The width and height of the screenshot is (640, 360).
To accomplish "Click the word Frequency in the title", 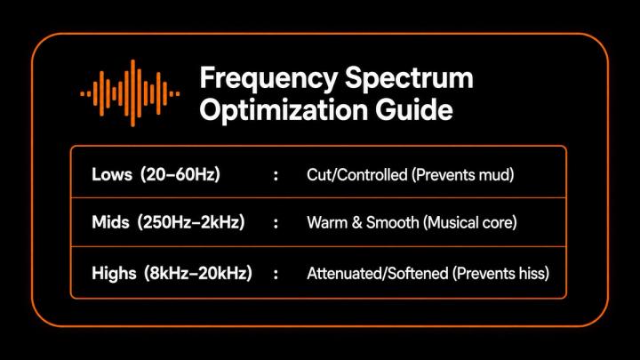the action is [x=268, y=78].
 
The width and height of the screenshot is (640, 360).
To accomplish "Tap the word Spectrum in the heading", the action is [x=409, y=78].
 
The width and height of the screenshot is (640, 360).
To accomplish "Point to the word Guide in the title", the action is [x=414, y=109].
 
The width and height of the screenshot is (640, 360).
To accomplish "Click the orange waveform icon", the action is [x=130, y=93].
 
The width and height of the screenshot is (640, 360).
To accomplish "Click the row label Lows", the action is [x=112, y=174].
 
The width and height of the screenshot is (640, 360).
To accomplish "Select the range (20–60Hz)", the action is [x=180, y=174].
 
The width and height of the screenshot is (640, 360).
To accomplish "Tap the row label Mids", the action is [x=110, y=222].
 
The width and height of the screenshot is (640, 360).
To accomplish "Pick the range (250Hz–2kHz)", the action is [x=191, y=222].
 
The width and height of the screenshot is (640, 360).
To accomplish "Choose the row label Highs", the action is [x=114, y=274].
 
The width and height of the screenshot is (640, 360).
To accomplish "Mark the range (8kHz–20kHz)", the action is [x=198, y=273].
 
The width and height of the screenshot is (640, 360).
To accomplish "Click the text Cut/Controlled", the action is [x=357, y=175].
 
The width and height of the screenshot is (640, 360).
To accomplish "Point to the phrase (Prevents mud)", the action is [x=463, y=175].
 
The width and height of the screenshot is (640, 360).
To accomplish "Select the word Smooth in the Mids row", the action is [x=393, y=223].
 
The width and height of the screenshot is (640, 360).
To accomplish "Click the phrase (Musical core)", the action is [x=470, y=223].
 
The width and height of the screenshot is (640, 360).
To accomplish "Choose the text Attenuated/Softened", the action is [x=378, y=274].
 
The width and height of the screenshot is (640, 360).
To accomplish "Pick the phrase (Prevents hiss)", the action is [x=500, y=274].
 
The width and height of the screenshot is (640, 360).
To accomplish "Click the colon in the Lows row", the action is [x=276, y=175].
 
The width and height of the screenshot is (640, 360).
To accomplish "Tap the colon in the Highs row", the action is [x=276, y=274].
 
